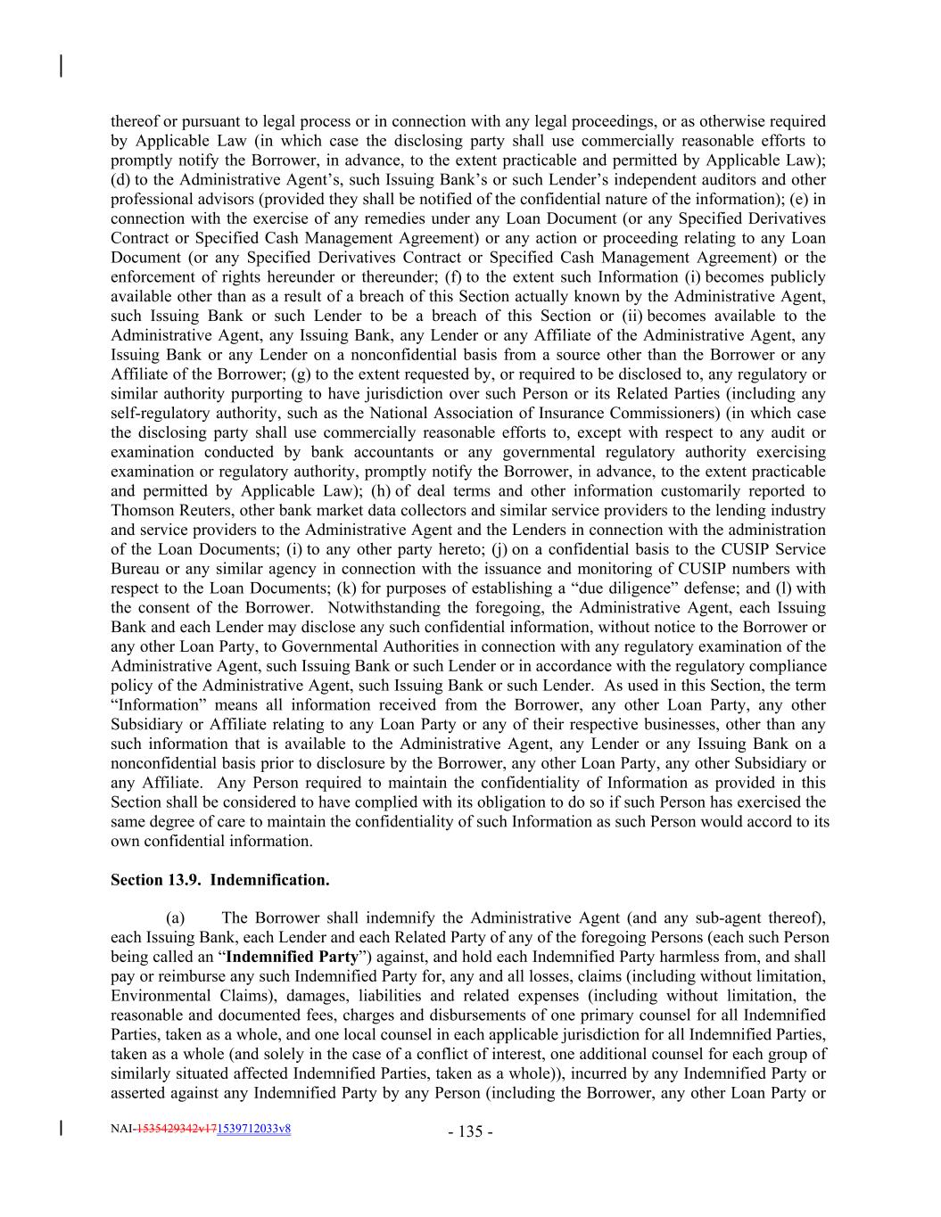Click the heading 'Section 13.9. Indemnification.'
tap(219, 880)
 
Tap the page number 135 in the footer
tap(471, 1131)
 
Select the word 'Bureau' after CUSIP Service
tap(135, 569)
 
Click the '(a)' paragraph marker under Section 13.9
tap(176, 917)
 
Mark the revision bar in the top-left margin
tap(61, 66)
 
